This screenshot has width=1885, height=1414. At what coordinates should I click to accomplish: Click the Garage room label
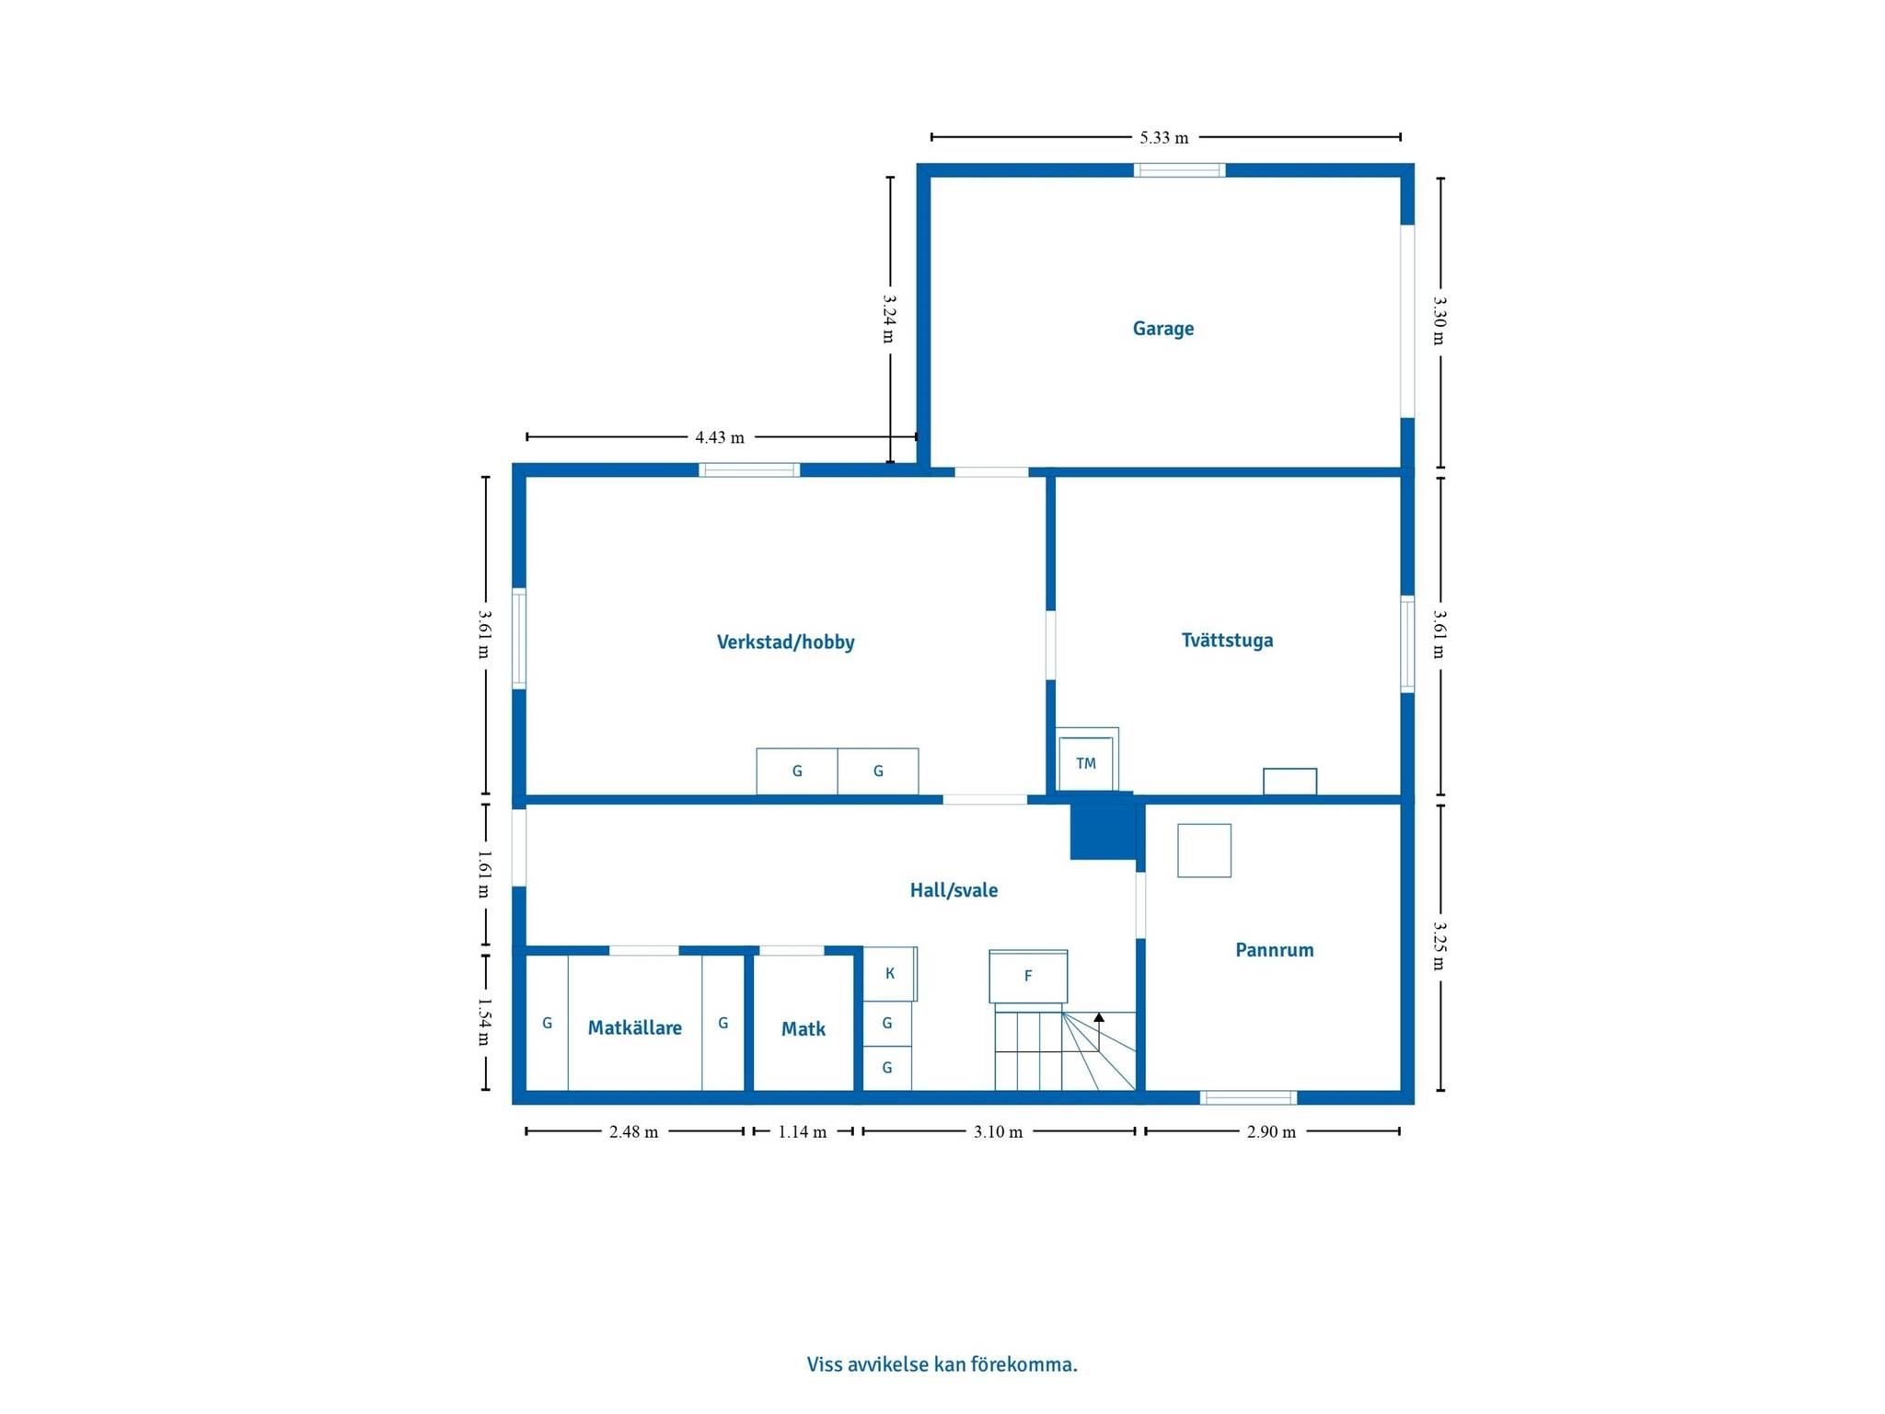[1162, 329]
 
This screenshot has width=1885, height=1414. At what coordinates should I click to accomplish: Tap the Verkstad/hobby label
[785, 642]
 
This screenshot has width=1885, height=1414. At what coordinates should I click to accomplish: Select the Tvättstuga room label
[1227, 640]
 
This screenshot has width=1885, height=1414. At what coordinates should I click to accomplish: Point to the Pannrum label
[1274, 950]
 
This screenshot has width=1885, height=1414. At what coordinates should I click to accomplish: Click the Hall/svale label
[954, 890]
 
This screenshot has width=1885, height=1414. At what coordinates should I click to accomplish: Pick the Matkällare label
[634, 1028]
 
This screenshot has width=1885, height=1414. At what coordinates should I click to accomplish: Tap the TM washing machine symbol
[1086, 762]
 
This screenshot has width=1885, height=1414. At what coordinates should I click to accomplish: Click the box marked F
[1028, 976]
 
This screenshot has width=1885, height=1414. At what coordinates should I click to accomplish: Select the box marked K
[889, 973]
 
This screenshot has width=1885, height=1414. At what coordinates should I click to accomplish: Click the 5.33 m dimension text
[1164, 138]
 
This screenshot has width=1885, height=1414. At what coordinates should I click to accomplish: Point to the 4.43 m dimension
[720, 437]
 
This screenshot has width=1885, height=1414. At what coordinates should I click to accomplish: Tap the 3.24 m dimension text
[889, 319]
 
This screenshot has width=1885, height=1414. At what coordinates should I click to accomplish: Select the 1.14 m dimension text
[803, 1131]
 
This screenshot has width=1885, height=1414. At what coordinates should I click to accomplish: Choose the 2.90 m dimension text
[1271, 1131]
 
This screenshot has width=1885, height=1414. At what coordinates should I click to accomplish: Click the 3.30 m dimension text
[1440, 319]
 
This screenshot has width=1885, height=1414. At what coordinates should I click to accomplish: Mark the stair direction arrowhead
[1099, 1017]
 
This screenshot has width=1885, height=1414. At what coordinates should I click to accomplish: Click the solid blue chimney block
[1103, 826]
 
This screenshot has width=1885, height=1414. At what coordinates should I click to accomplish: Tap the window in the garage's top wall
[1179, 170]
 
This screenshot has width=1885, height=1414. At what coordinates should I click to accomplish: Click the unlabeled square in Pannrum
[1204, 851]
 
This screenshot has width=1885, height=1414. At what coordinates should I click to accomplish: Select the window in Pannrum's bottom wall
[1248, 1097]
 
